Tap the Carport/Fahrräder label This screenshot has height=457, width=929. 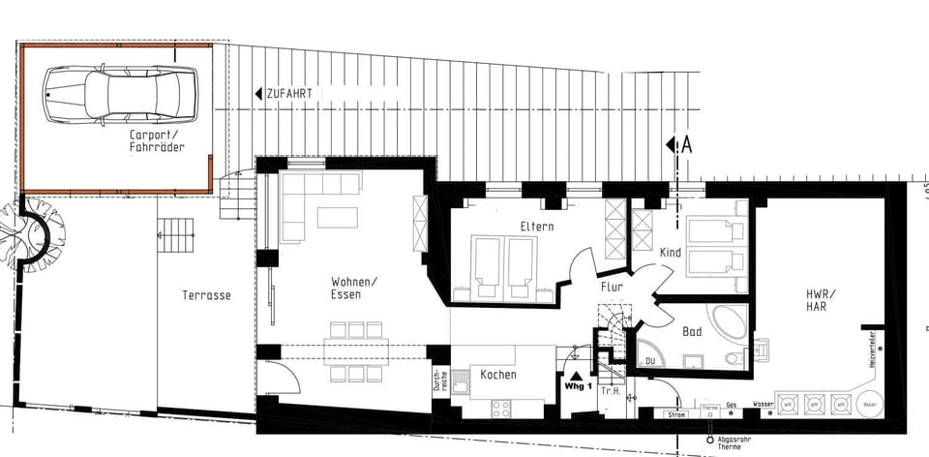tap(157, 141)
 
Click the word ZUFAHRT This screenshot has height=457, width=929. tap(291, 94)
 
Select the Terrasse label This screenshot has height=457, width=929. tap(206, 295)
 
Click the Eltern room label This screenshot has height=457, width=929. tap(536, 227)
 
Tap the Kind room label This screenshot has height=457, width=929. tap(670, 253)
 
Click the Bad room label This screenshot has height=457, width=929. tap(692, 331)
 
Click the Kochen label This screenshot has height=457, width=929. tap(497, 375)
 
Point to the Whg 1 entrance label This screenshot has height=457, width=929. tap(577, 385)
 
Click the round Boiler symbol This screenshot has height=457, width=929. tap(870, 404)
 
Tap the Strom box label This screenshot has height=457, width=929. tap(674, 415)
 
